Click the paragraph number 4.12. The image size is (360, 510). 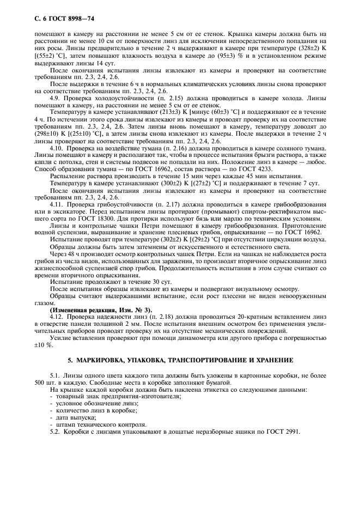tap(57, 316)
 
